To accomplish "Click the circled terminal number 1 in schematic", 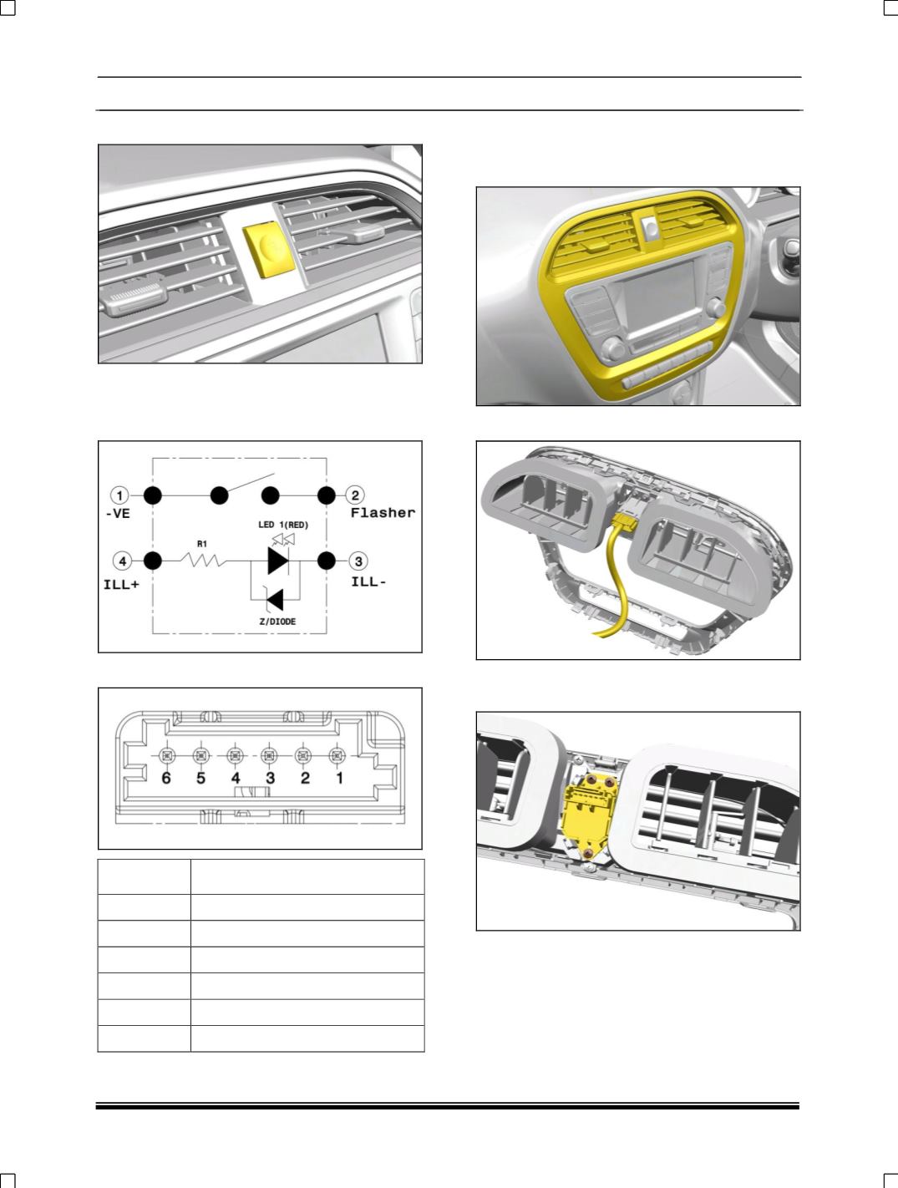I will click(x=122, y=495).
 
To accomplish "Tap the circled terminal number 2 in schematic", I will click(x=355, y=495).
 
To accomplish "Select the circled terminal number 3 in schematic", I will click(x=355, y=561).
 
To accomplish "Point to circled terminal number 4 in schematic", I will click(x=122, y=561).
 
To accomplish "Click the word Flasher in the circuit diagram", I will click(x=382, y=513).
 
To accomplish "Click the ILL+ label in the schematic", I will click(x=126, y=584).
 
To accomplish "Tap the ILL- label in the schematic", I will click(x=368, y=581).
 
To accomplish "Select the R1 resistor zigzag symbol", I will click(x=201, y=561).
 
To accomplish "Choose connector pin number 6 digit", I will click(x=166, y=779).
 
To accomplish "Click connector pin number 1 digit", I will click(x=339, y=779).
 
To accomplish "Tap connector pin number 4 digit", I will click(x=236, y=779).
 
